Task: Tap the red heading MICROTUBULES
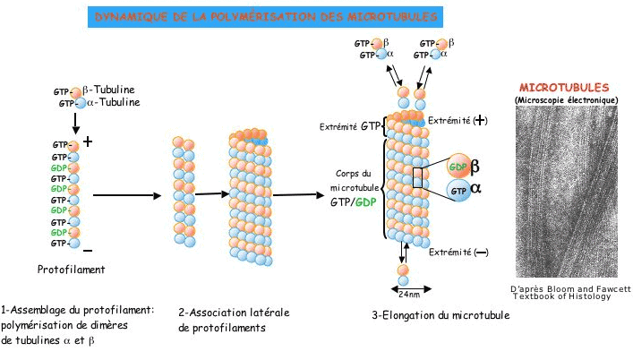coord(564,88)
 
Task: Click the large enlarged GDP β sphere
coord(458,167)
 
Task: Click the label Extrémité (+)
coord(458,120)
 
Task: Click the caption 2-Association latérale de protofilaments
coord(223,321)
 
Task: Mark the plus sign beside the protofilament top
coord(88,141)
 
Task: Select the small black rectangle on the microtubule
coord(417,177)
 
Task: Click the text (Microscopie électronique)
coord(566,99)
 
